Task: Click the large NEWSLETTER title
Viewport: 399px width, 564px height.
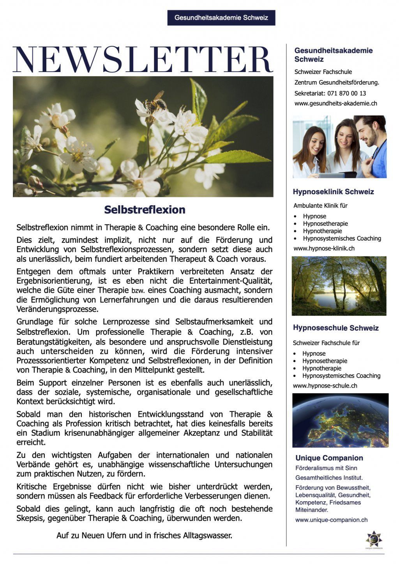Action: pos(143,59)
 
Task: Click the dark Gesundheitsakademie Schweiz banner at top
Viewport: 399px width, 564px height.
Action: pos(221,18)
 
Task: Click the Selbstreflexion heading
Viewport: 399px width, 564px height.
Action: pos(145,210)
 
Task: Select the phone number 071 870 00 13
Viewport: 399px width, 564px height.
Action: pos(347,93)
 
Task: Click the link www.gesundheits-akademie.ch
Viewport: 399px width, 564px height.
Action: pos(335,104)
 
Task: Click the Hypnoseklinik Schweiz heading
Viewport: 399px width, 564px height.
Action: pos(333,192)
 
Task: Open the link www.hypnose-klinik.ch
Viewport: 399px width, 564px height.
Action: pos(324,248)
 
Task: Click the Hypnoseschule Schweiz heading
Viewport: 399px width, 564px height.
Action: pos(335,328)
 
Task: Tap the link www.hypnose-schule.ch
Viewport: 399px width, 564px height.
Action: pos(325,386)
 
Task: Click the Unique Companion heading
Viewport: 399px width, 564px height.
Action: pos(329,458)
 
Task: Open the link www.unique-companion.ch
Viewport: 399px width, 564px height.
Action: pos(331,520)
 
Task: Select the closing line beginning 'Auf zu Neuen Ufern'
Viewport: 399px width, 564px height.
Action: pos(144,536)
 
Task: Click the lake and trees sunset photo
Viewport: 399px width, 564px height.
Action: pos(339,286)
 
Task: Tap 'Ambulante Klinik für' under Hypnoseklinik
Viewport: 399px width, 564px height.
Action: pos(320,206)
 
